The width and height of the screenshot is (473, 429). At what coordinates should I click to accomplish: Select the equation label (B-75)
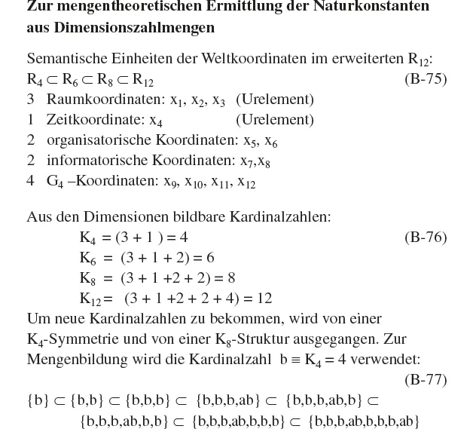click(x=426, y=79)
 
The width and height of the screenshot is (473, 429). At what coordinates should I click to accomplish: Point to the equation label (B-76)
click(x=426, y=237)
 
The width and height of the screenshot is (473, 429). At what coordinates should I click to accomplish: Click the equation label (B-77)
click(x=426, y=379)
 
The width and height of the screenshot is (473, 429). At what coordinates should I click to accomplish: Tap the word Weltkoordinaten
click(x=240, y=59)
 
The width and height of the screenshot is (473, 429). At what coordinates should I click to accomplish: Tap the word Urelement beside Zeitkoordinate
click(x=275, y=119)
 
